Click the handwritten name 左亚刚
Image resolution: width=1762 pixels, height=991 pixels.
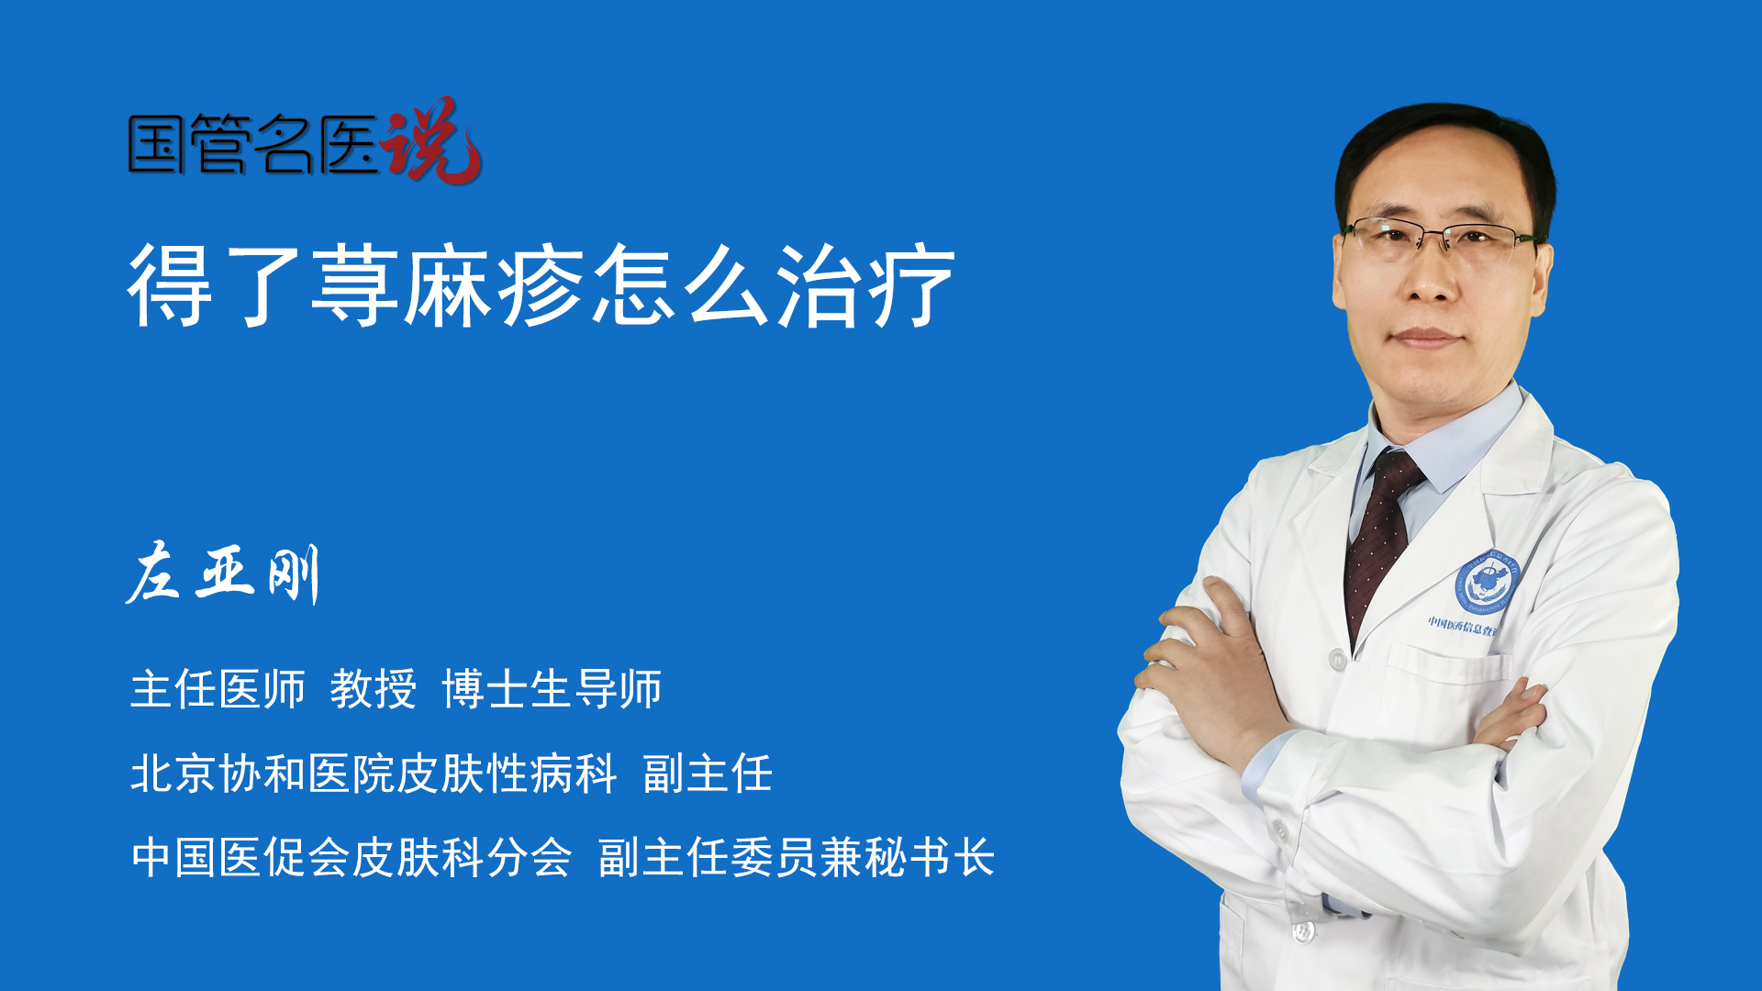pos(223,573)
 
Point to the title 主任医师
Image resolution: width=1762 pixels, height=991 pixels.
pos(217,688)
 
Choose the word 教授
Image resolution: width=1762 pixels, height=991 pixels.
pos(374,688)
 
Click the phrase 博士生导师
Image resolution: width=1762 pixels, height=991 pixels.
pos(552,688)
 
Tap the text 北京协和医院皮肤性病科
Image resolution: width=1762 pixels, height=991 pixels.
pos(374,773)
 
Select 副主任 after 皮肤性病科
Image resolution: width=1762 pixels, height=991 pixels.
pos(708,773)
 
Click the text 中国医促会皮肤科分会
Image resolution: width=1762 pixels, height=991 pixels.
pos(351,857)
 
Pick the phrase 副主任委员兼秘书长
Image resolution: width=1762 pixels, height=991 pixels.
pos(797,857)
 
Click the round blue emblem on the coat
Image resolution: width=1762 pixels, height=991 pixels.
pos(1488,583)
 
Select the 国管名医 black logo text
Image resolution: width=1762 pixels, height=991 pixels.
pos(253,144)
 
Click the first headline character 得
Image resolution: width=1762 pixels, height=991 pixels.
pos(171,285)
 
